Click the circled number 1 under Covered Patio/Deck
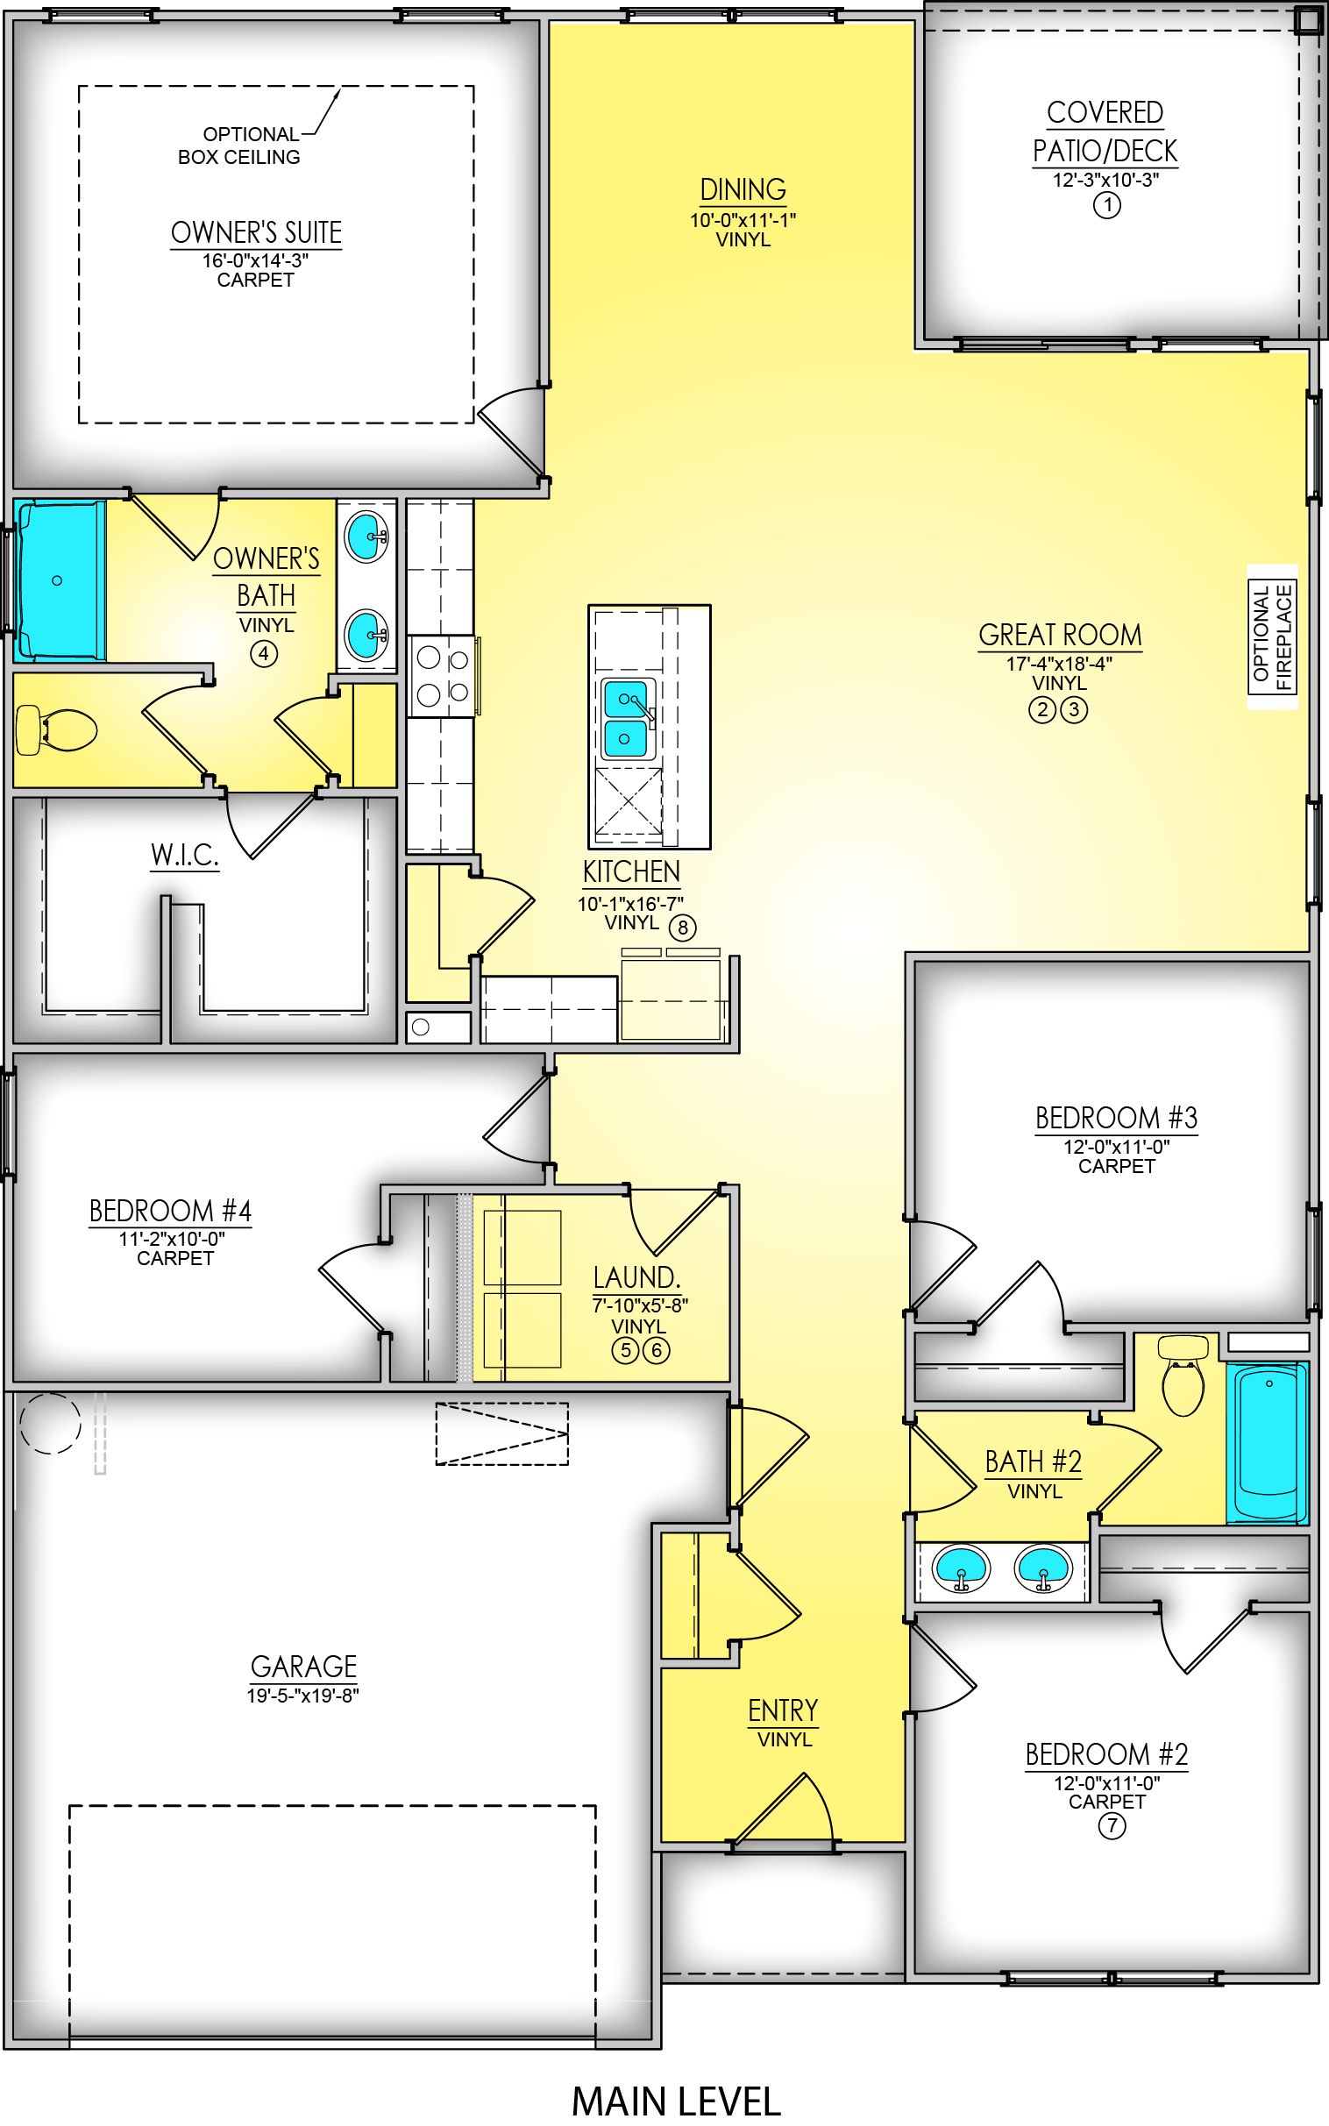1106,206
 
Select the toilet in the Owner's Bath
55,730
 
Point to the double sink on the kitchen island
628,718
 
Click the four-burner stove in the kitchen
443,675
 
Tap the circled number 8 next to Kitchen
682,928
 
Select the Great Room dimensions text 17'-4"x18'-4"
1058,665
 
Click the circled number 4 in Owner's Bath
264,653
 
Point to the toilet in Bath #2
1183,1377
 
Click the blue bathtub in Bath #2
1267,1441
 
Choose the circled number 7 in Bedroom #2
1111,1827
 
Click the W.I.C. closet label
185,855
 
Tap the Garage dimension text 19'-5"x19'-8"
303,1696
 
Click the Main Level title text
675,2101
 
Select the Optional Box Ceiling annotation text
239,146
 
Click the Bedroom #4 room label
171,1211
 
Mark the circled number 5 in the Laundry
625,1350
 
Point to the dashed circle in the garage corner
50,1423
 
